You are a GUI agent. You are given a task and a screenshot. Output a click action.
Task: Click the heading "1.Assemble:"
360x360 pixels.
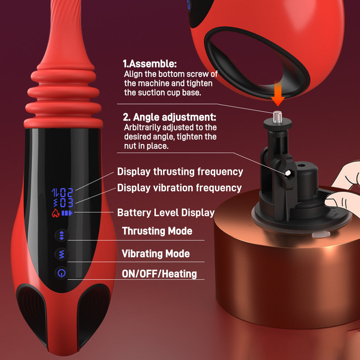(x=150, y=64)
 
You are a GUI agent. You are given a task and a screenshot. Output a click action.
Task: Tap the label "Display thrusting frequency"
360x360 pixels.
(x=180, y=172)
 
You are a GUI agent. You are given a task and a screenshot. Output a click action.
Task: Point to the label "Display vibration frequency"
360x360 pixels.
(x=179, y=188)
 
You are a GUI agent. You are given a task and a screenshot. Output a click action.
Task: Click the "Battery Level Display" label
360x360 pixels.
(x=166, y=212)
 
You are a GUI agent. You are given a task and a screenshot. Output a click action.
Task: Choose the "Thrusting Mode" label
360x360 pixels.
(x=157, y=231)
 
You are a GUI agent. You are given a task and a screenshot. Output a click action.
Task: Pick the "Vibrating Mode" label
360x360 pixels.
(x=156, y=253)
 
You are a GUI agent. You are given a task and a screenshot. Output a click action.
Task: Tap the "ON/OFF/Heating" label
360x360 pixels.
(x=159, y=274)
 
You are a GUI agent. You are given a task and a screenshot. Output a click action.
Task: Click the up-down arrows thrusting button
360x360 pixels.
(x=61, y=236)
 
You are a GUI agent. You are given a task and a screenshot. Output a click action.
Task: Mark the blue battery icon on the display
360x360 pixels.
(x=67, y=213)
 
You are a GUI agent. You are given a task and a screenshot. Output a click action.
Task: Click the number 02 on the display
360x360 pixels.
(x=67, y=193)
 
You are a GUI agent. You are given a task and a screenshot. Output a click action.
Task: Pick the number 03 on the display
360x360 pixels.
(x=67, y=203)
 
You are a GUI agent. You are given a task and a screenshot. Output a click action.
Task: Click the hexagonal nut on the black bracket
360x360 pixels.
(x=288, y=173)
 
